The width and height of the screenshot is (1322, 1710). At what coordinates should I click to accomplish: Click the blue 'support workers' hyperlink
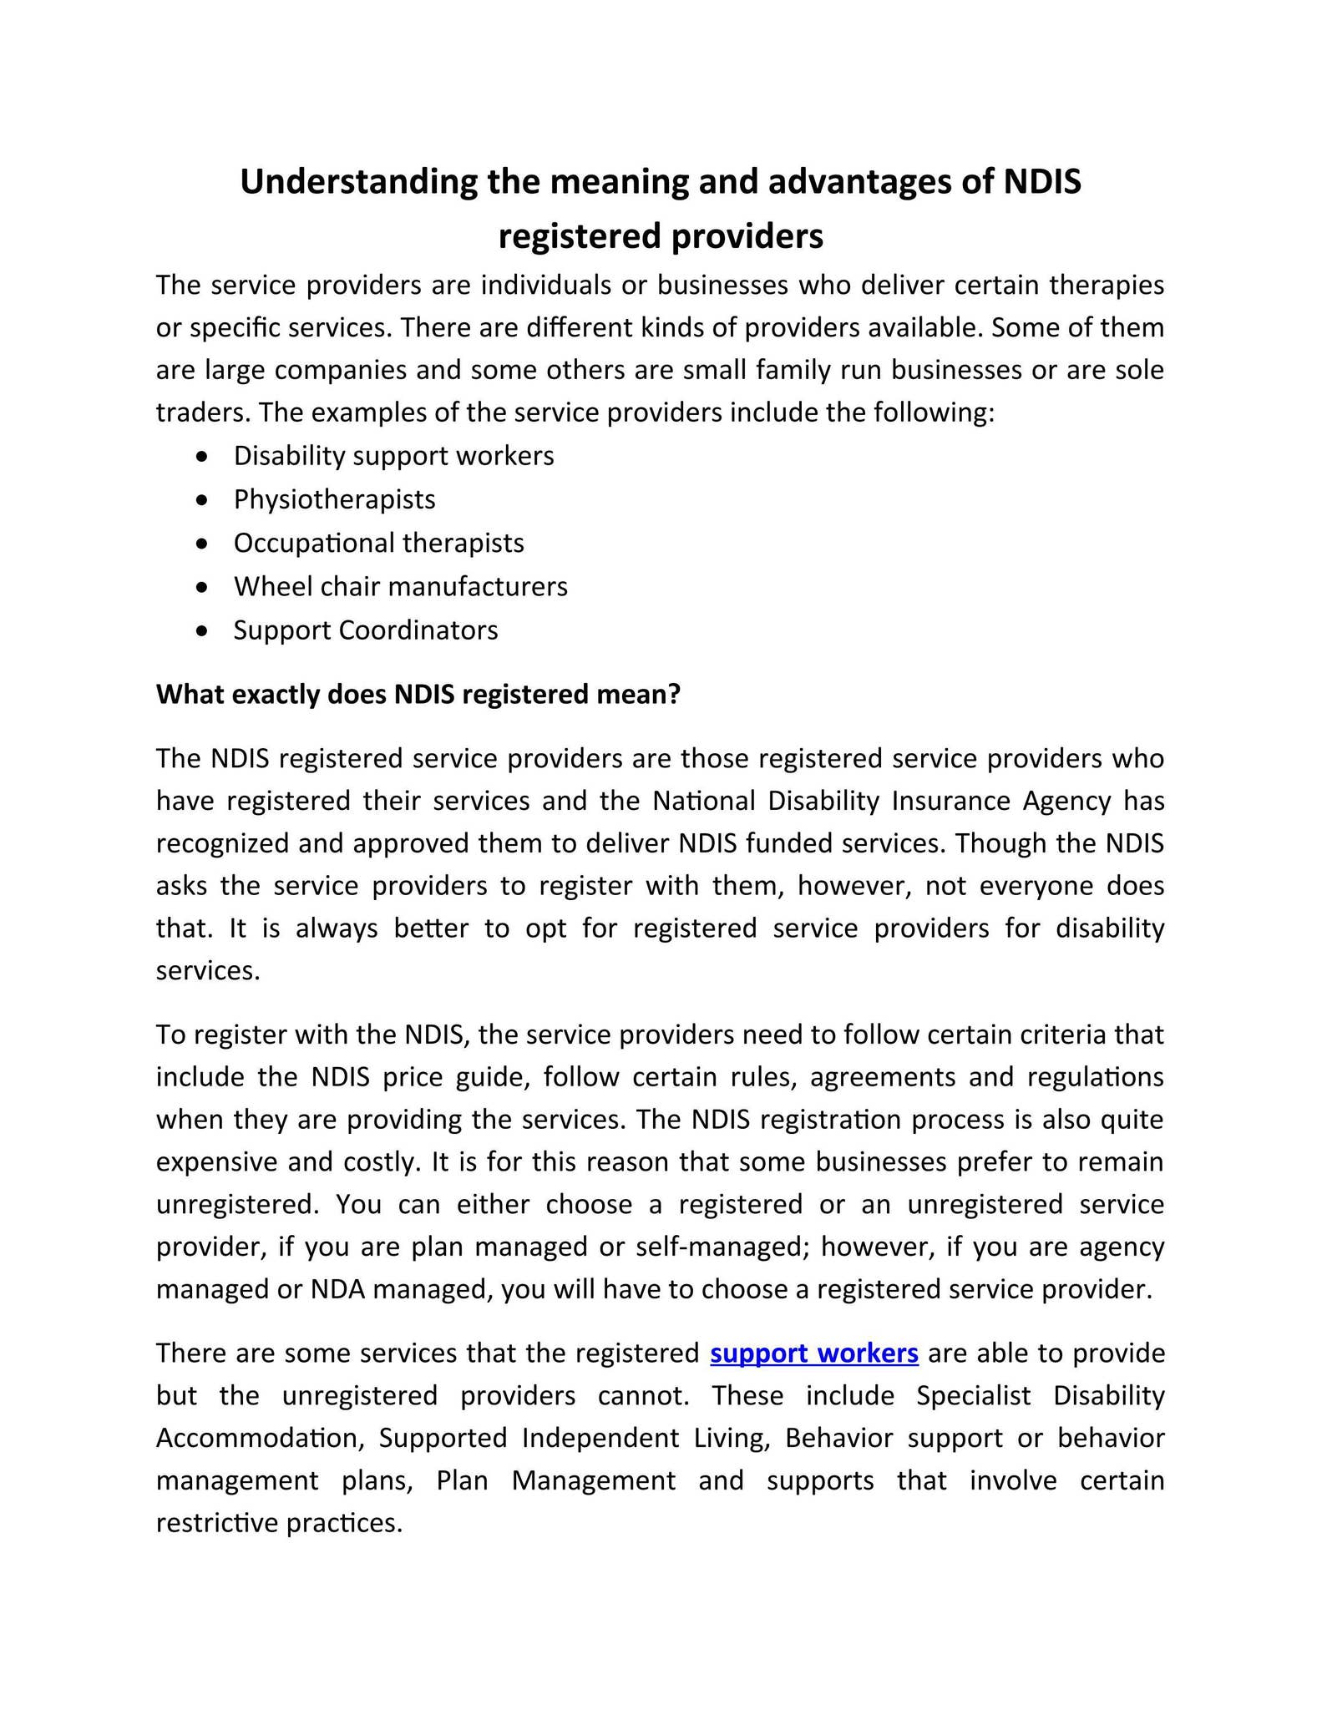tap(813, 1353)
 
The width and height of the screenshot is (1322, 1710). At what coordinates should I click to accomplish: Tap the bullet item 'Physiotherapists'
tap(334, 499)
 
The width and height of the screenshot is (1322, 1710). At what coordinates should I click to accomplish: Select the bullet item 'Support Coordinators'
tap(365, 630)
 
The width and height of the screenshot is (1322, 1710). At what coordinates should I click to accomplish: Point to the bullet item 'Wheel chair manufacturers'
tap(400, 586)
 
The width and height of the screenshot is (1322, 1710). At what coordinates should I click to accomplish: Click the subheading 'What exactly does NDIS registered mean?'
tap(418, 694)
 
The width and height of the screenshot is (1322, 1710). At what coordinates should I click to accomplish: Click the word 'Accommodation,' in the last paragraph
tap(262, 1438)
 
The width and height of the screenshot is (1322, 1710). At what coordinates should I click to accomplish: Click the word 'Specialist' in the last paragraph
tap(973, 1395)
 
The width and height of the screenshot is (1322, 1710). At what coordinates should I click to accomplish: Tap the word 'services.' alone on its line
tap(208, 970)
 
